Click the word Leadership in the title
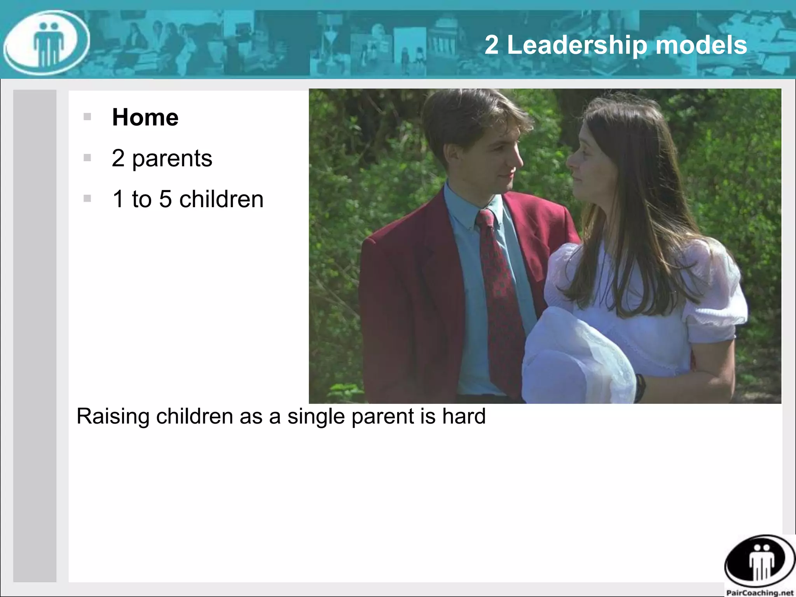(x=577, y=45)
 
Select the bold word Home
(x=145, y=117)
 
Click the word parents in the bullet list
(x=172, y=159)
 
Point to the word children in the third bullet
(x=221, y=199)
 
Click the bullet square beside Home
(x=87, y=117)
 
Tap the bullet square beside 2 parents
(x=87, y=158)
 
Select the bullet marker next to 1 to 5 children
(x=87, y=199)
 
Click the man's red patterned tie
(x=499, y=295)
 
